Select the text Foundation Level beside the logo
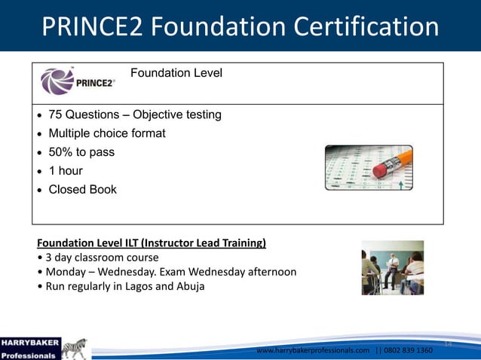(176, 73)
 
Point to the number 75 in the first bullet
(56, 115)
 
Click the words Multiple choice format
(107, 133)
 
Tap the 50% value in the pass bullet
(60, 152)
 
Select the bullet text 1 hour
(66, 171)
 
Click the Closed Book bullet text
(83, 190)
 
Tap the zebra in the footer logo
(75, 349)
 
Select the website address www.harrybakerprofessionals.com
(313, 351)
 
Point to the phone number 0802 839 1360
(409, 351)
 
